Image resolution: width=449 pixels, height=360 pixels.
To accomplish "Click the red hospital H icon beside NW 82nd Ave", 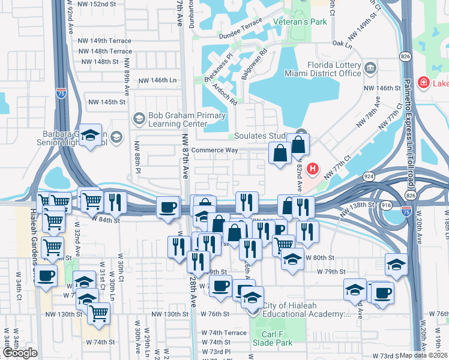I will click(x=313, y=169).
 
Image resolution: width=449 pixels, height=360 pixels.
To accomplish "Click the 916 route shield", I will click(x=387, y=205).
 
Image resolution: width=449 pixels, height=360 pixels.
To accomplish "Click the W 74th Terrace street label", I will click(x=224, y=332).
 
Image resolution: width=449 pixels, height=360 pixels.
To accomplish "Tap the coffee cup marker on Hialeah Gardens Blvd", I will click(x=46, y=277).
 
